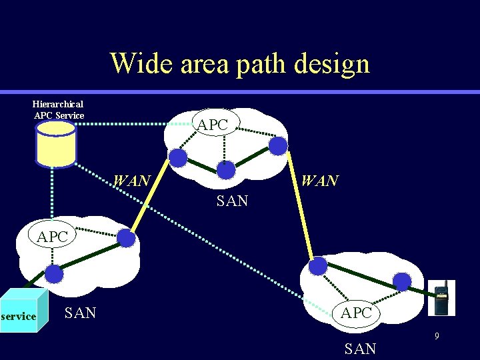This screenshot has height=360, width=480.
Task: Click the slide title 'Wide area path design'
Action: (240, 63)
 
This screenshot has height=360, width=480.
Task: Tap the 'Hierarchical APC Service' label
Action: (59, 110)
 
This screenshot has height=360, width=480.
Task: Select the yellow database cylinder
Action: (56, 143)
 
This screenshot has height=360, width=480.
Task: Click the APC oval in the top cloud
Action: (213, 124)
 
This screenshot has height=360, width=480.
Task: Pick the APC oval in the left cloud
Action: (53, 237)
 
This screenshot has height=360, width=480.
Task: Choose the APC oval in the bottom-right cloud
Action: (357, 312)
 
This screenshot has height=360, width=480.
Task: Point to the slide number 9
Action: (437, 337)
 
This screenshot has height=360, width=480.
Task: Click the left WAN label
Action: (132, 181)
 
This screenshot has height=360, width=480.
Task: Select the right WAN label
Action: (319, 181)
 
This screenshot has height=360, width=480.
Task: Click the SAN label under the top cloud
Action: (232, 201)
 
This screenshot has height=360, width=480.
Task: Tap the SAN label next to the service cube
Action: (81, 312)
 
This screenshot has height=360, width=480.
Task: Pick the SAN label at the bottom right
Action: (361, 348)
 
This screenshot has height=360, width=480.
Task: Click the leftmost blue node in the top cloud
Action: (178, 158)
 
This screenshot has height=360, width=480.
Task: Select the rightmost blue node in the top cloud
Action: (278, 146)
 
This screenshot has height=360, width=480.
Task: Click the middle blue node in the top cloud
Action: (227, 171)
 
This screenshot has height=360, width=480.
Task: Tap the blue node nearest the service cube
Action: (53, 274)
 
